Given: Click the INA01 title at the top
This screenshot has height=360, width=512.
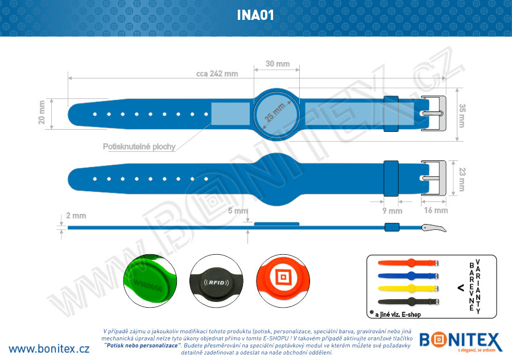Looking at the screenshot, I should coord(255,15).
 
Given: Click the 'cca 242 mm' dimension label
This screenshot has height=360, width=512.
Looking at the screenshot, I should coord(217,73).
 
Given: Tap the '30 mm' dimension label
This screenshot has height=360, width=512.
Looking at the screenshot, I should coord(278,64).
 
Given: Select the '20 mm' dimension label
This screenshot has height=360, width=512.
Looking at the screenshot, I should coord(42,113).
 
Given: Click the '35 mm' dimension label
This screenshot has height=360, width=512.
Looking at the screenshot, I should coord(462,115).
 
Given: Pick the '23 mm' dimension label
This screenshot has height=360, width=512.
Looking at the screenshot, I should coord(462,180).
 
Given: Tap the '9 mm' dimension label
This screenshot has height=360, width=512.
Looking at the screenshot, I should coord(392,210).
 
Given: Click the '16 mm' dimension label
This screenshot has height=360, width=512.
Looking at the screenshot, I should coord(436,210).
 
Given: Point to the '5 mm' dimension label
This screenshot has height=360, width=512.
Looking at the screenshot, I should coord(237,211).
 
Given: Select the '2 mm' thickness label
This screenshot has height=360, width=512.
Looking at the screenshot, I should coord(76,216).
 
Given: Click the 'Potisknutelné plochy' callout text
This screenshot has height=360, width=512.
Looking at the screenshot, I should coord(139,147).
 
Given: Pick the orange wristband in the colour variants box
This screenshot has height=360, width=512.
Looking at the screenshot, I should coord(408,263).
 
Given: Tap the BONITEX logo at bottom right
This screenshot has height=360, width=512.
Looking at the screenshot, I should coord(460,342).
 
